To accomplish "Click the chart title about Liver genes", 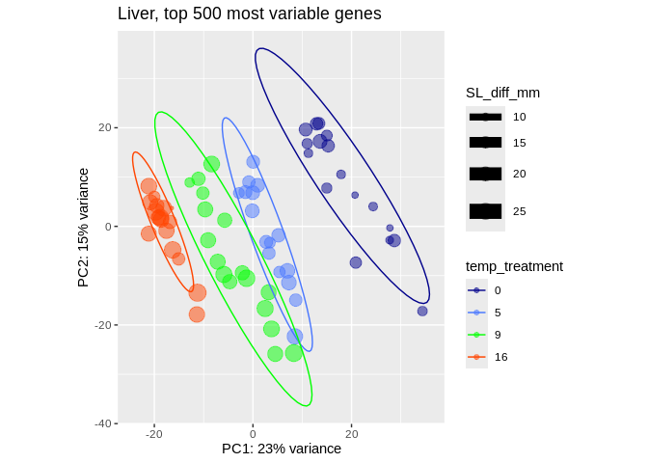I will coord(249,14).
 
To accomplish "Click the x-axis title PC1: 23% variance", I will coord(282,449).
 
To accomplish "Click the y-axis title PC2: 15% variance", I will coord(84,228).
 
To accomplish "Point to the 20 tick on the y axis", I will coord(105,127).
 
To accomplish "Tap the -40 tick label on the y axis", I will coord(102,422).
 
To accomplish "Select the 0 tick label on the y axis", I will coord(108,227).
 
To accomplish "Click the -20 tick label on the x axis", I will coord(154,434).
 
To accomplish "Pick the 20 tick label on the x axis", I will coord(351,434).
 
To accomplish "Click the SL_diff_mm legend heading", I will coord(502,93).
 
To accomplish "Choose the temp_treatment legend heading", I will coord(514,266).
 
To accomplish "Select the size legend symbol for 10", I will coord(485,117).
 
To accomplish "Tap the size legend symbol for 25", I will coord(485,210).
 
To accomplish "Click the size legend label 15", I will coord(520,143).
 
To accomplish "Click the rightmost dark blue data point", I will coord(422,311).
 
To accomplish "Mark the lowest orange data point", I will coord(197,313).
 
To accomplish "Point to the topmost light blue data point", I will coord(253,162).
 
